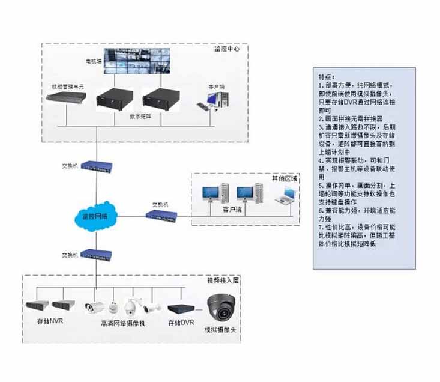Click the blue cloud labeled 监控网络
click(94, 215)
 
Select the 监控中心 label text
click(226, 49)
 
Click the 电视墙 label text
click(92, 61)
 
